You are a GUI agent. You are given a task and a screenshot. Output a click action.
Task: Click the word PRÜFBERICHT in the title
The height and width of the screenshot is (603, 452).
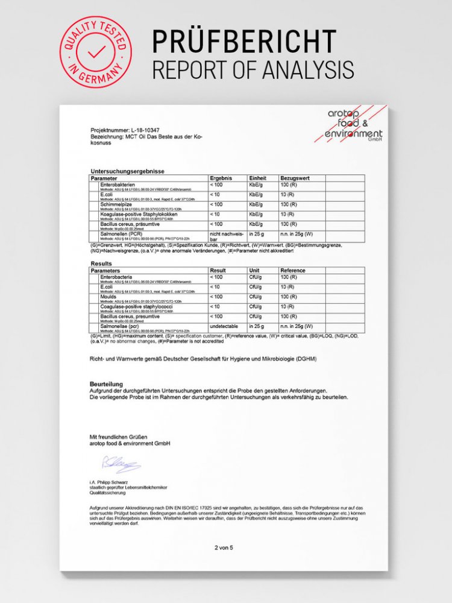point(243,42)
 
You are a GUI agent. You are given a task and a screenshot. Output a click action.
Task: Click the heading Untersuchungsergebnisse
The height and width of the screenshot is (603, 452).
point(127,171)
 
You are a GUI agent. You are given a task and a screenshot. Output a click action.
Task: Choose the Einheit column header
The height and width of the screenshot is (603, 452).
point(257,179)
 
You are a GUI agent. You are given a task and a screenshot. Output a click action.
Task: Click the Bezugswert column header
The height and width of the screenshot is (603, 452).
point(295,179)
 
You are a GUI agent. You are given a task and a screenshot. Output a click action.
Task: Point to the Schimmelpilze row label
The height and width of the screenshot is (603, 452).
point(119,204)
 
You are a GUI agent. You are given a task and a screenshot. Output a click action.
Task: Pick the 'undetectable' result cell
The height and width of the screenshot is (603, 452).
point(225,326)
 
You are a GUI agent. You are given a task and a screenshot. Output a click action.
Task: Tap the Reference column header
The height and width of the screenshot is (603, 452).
point(293,271)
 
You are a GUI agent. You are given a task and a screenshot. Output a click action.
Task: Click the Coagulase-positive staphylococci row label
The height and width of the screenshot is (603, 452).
point(136,306)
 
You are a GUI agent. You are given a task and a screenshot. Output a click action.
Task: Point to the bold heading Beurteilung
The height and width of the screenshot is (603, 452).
point(106,384)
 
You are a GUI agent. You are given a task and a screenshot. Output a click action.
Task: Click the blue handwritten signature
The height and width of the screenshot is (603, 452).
point(121,464)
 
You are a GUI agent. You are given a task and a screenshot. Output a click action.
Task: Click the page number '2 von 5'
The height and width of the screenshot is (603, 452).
point(223,548)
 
